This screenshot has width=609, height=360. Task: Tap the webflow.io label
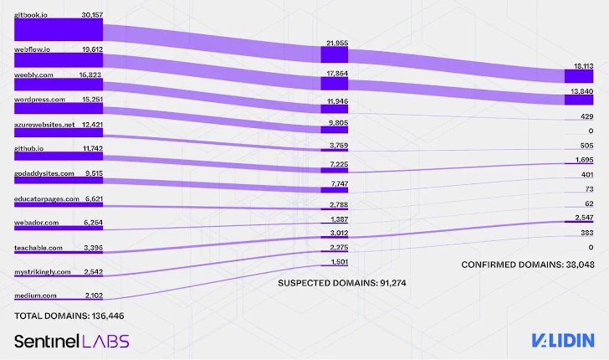(x=33, y=49)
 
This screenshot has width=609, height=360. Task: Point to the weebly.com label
(x=34, y=74)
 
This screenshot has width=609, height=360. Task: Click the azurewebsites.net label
(x=44, y=124)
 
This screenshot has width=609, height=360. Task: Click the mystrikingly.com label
(x=41, y=272)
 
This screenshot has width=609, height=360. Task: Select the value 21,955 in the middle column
(x=335, y=42)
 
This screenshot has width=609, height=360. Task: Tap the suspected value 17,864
(x=335, y=74)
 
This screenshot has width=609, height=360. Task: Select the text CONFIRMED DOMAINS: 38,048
(x=527, y=264)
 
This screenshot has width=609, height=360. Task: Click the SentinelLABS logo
(x=71, y=340)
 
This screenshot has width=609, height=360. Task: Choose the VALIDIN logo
(x=562, y=339)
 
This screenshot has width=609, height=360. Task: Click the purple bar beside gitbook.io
(x=59, y=29)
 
